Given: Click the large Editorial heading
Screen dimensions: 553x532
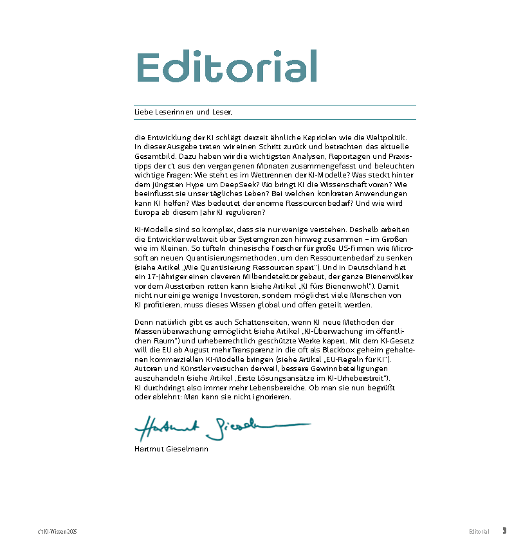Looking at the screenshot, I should [227, 66].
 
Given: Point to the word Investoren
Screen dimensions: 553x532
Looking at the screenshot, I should [225, 295].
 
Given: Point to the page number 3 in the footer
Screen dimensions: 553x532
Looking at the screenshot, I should [505, 531].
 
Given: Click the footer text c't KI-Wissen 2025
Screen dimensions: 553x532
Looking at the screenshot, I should [57, 532].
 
